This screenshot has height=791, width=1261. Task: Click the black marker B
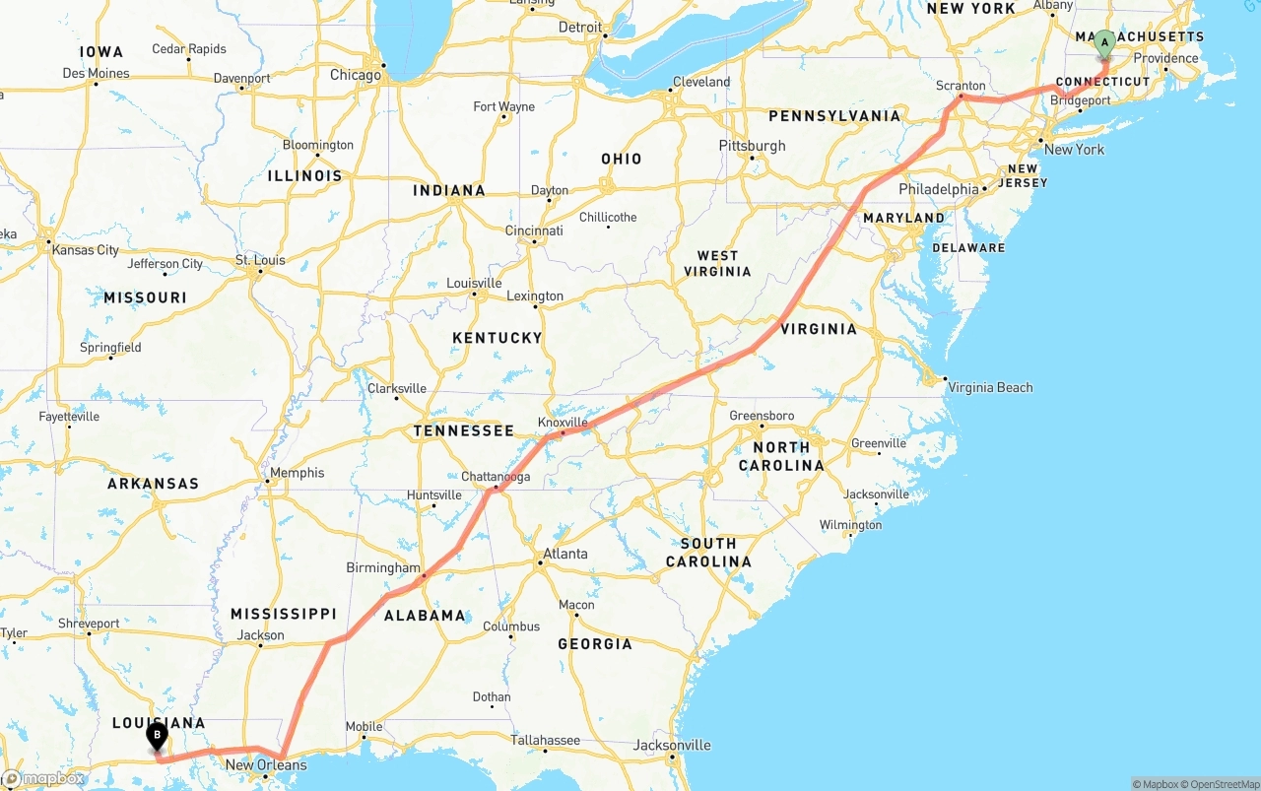tap(157, 736)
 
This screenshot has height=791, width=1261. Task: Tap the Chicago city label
tap(355, 75)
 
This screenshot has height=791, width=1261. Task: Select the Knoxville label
tap(563, 423)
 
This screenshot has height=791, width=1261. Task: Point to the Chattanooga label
tap(496, 477)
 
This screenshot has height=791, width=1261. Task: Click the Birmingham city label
tap(382, 568)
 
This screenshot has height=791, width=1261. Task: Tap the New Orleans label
tap(266, 764)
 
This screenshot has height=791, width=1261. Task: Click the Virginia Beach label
tap(990, 387)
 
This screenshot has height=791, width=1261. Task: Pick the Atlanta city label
tap(565, 554)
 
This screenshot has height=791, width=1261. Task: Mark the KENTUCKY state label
tap(497, 338)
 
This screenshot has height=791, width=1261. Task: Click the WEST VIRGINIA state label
tap(717, 263)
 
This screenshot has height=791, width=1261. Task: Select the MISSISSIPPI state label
tap(284, 614)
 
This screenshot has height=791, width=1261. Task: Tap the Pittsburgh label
tap(753, 146)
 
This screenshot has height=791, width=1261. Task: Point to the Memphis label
tap(297, 473)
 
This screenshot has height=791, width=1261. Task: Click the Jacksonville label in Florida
tap(672, 745)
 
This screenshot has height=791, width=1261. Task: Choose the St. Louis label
tap(260, 260)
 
